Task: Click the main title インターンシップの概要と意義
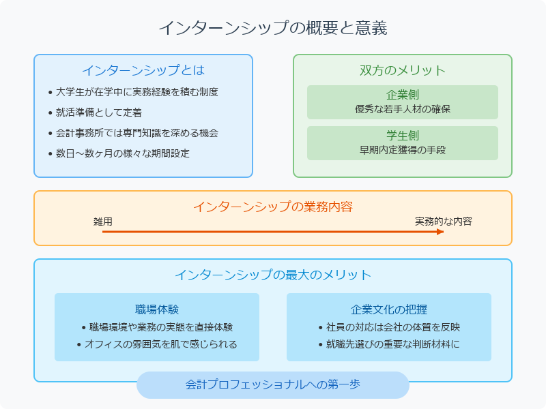click(x=273, y=28)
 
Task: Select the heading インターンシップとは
click(x=143, y=70)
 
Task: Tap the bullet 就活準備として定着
click(x=99, y=112)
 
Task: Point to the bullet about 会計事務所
click(x=137, y=133)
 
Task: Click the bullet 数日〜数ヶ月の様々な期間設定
click(x=123, y=153)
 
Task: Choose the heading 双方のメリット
click(x=403, y=70)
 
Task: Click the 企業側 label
click(x=403, y=95)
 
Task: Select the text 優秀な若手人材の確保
click(x=403, y=109)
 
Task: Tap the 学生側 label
click(x=403, y=136)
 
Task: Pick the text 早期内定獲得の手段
click(x=403, y=150)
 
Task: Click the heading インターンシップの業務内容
click(x=273, y=207)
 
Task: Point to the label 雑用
click(x=103, y=222)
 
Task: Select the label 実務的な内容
click(x=444, y=222)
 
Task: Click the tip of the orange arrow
click(x=443, y=232)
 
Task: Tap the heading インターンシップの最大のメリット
click(x=273, y=275)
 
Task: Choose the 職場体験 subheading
click(x=157, y=309)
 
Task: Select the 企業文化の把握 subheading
click(x=389, y=309)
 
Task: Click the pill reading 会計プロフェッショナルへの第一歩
click(x=273, y=384)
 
